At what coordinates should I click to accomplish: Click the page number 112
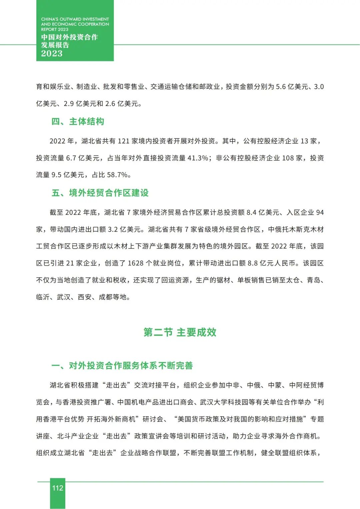point(58,488)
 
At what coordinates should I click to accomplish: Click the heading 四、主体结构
point(78,122)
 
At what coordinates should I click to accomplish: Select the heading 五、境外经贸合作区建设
point(100,193)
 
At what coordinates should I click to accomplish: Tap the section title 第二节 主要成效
point(180,332)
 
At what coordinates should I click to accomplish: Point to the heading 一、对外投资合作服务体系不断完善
point(122,366)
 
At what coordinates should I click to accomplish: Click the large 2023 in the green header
point(52,54)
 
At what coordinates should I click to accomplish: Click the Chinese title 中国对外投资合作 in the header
point(69,37)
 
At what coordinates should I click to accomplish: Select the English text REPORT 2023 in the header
point(54,29)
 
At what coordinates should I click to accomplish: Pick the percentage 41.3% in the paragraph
point(198,158)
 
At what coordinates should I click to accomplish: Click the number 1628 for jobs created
point(136,263)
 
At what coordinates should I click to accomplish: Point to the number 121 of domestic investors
point(123,141)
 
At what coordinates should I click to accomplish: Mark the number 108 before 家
point(288,158)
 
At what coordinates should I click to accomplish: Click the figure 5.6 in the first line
point(281,87)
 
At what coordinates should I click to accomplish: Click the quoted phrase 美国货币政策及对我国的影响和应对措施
point(240,419)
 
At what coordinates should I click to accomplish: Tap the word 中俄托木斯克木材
point(296,229)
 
